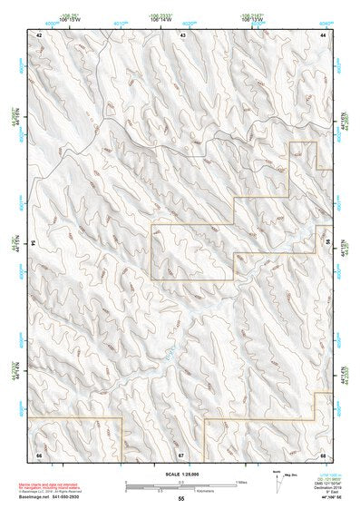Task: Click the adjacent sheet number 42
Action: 39,34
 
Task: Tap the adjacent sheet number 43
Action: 183,34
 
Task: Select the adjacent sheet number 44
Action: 323,34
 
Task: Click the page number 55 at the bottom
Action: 180,499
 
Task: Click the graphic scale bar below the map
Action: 180,484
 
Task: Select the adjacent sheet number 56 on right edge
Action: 325,243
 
